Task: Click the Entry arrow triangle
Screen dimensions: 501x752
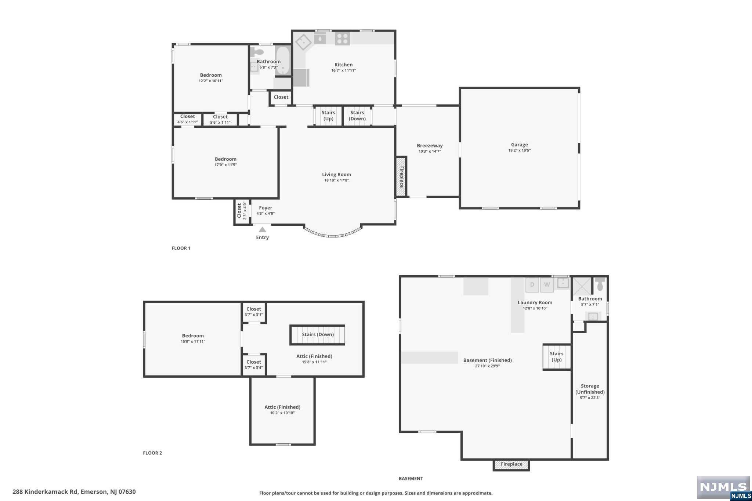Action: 262,230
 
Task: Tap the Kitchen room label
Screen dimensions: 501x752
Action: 343,65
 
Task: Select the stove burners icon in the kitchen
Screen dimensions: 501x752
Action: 342,39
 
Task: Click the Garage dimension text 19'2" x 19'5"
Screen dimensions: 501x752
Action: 519,150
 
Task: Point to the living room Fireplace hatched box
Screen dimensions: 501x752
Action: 401,177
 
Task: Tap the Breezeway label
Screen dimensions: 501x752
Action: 430,146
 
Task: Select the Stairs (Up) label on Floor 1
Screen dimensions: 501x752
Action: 328,116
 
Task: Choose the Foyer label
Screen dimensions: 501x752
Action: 265,208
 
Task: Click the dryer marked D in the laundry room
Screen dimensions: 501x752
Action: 532,285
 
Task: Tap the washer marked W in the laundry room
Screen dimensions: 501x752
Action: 547,285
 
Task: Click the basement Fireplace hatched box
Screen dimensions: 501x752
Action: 511,465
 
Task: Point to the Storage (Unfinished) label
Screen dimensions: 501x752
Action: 590,389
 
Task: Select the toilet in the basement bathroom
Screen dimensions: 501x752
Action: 600,284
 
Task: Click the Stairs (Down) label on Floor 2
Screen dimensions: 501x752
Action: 318,334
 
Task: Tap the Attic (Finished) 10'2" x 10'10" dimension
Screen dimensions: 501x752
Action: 282,413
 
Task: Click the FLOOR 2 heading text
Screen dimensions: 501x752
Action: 152,453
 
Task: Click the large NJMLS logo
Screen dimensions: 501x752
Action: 723,487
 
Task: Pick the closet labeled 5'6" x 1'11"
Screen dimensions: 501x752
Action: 220,120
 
